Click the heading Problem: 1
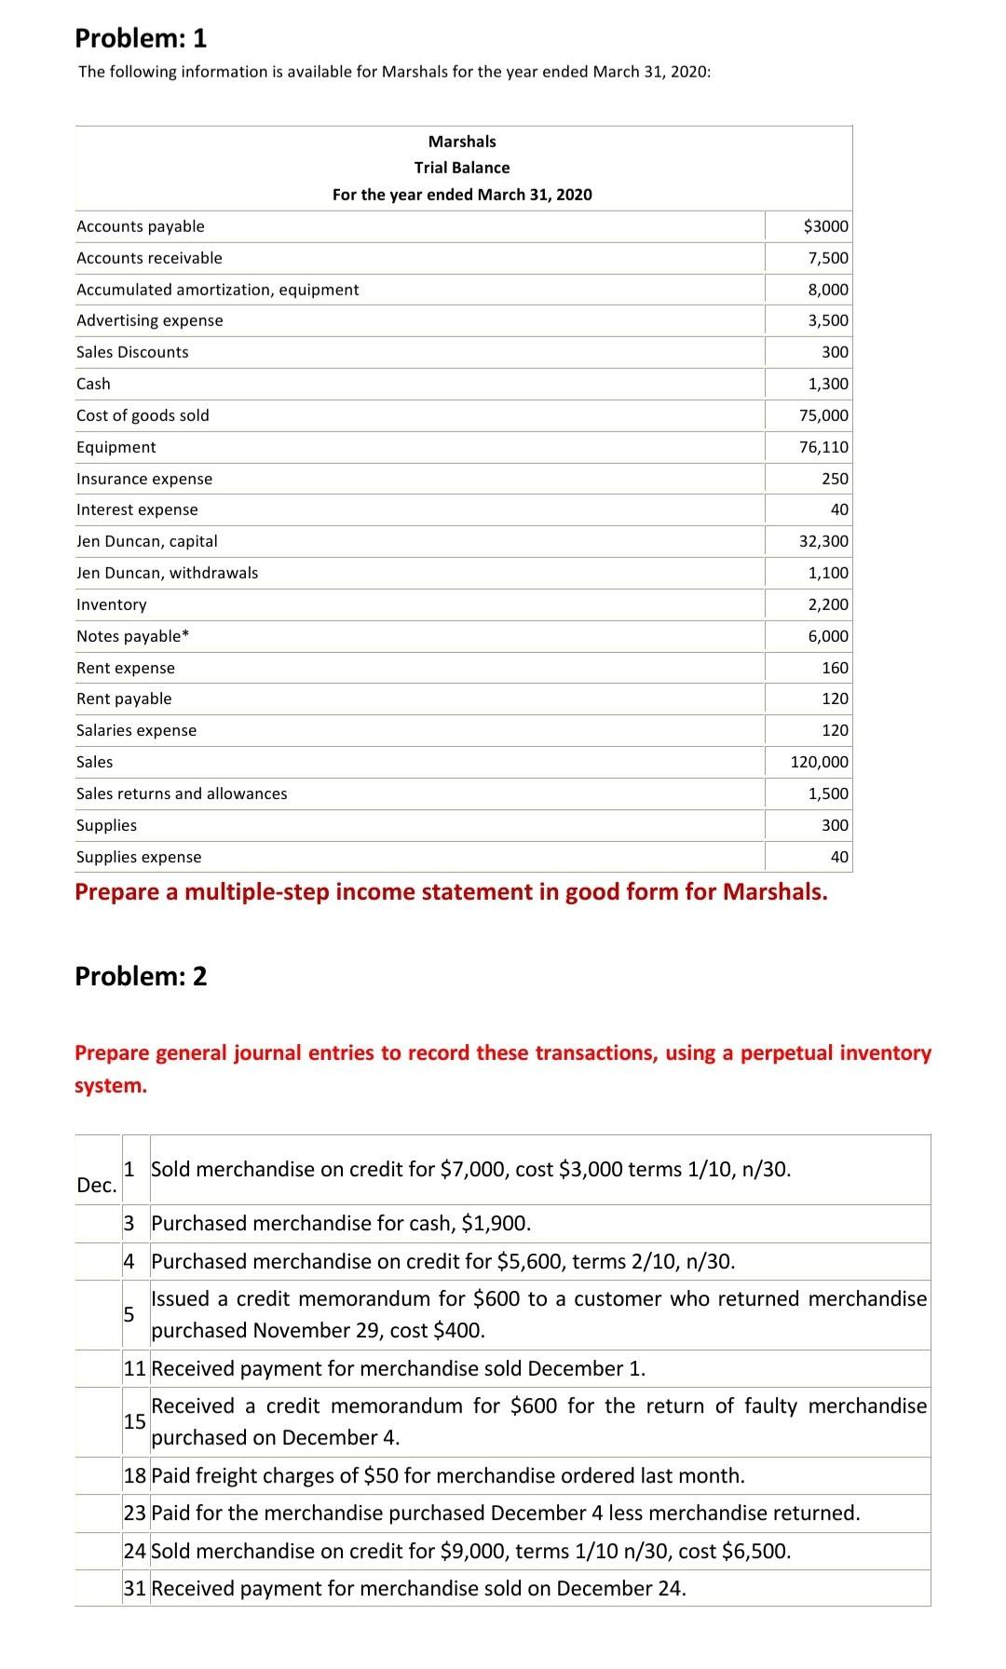click(141, 38)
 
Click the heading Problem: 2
click(141, 976)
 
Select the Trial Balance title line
click(462, 168)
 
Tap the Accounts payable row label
click(141, 226)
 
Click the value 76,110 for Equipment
click(823, 447)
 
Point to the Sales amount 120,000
click(819, 762)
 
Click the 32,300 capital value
click(823, 541)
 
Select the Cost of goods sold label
click(143, 415)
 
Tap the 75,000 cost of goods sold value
click(823, 415)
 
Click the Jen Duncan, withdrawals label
click(168, 573)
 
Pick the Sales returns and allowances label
click(182, 794)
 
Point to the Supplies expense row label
click(139, 857)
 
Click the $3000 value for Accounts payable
click(825, 226)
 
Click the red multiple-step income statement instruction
click(451, 892)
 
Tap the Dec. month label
click(96, 1186)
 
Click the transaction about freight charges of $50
click(447, 1475)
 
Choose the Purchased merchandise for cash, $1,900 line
click(341, 1223)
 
